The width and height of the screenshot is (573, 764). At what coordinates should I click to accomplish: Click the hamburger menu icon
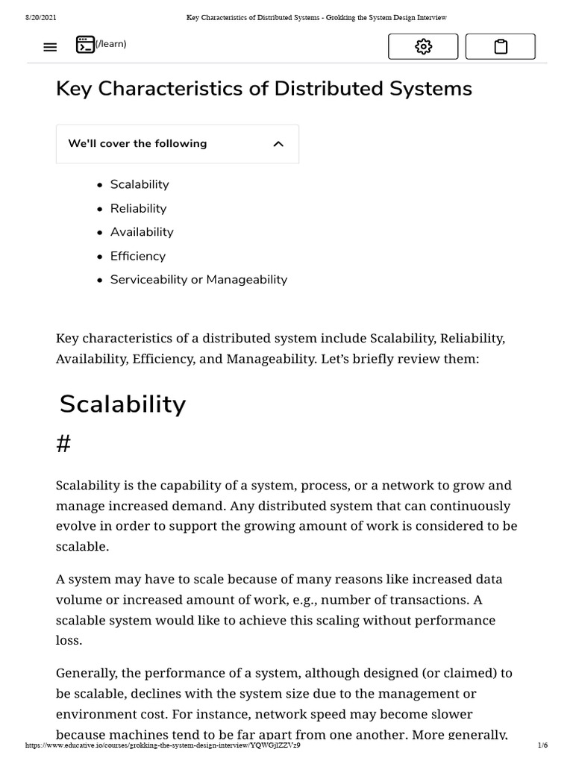pyautogui.click(x=50, y=47)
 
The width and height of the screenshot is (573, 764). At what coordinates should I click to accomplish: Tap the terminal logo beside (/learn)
pyautogui.click(x=85, y=45)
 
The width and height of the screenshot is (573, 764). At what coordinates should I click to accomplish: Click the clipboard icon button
pyautogui.click(x=501, y=47)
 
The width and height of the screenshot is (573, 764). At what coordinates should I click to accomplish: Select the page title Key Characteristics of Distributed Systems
pyautogui.click(x=264, y=89)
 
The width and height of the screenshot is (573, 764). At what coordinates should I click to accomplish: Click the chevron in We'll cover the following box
pyautogui.click(x=278, y=144)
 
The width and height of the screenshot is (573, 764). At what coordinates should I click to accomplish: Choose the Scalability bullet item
pyautogui.click(x=140, y=184)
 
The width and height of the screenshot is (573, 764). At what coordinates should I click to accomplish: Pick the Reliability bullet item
pyautogui.click(x=138, y=208)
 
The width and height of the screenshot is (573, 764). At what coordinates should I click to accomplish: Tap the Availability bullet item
pyautogui.click(x=142, y=232)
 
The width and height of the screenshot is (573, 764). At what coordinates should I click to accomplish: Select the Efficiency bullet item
pyautogui.click(x=138, y=256)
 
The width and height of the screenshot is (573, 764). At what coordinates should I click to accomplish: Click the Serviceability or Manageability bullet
pyautogui.click(x=198, y=280)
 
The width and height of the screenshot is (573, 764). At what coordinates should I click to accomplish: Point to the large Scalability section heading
pyautogui.click(x=123, y=404)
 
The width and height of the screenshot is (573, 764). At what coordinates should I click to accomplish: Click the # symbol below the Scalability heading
pyautogui.click(x=63, y=445)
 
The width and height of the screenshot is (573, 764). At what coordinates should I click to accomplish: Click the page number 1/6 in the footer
pyautogui.click(x=542, y=745)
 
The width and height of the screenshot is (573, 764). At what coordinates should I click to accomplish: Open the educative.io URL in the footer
pyautogui.click(x=163, y=745)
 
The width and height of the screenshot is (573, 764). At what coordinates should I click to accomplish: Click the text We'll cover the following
pyautogui.click(x=137, y=144)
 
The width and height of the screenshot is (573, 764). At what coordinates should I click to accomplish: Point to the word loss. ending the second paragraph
pyautogui.click(x=69, y=640)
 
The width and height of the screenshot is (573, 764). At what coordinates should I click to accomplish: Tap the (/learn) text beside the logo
pyautogui.click(x=111, y=44)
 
